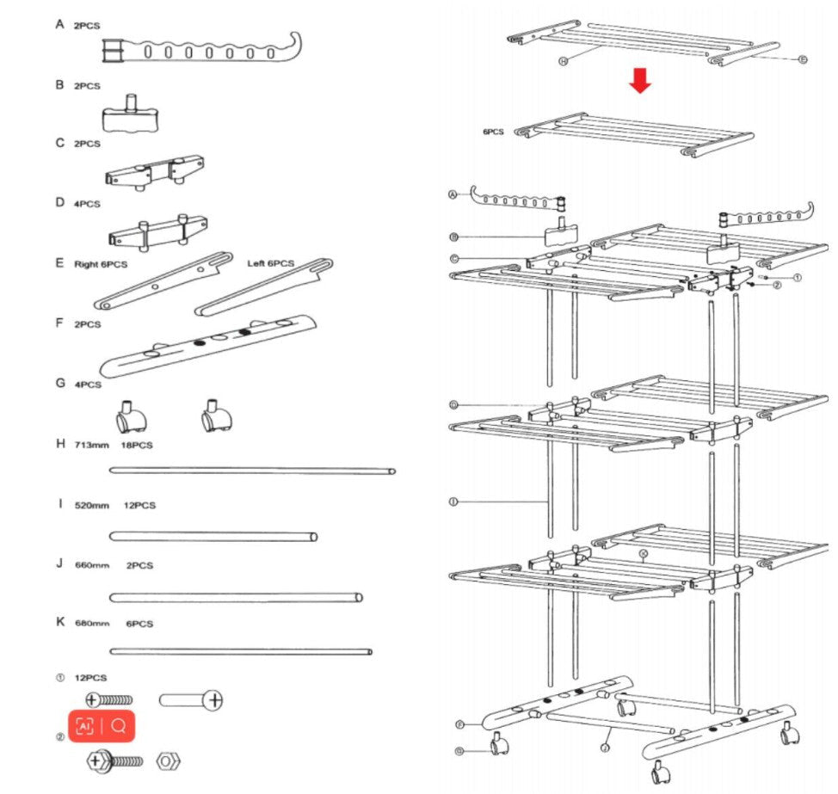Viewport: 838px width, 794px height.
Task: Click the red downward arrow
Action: [x=640, y=80]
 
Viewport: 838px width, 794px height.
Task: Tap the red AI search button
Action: [x=102, y=726]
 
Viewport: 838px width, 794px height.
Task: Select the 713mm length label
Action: [x=89, y=444]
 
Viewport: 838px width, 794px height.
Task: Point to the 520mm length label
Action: [x=91, y=506]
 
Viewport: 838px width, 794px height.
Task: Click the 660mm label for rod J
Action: [x=91, y=565]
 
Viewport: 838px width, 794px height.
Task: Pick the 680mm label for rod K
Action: [x=91, y=623]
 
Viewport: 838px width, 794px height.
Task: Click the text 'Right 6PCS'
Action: [x=101, y=264]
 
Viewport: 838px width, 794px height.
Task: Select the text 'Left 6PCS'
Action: [x=270, y=263]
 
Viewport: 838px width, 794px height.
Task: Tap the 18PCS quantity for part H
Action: [x=138, y=444]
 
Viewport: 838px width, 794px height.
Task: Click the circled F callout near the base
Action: [x=460, y=725]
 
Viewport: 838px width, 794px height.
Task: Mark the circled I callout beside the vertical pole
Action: [x=453, y=502]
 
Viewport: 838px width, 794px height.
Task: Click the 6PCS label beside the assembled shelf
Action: [x=494, y=132]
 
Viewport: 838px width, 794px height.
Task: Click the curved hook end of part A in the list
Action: [x=293, y=47]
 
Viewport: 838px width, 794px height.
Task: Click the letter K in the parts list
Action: [x=60, y=621]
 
